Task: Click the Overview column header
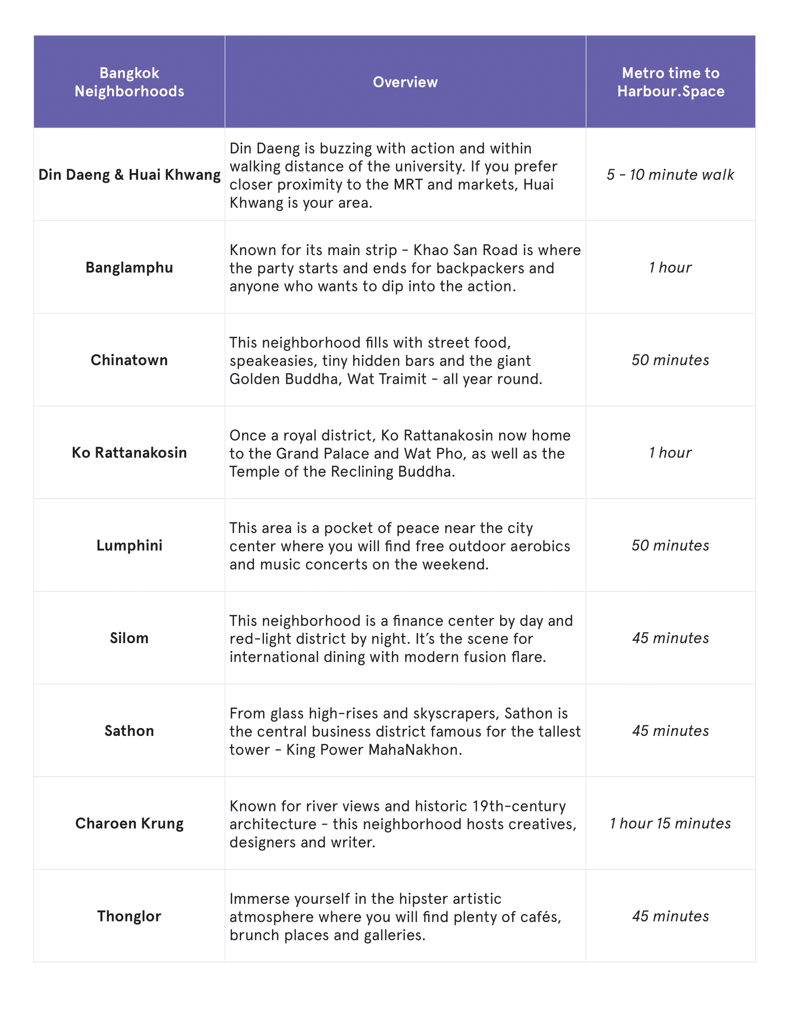pos(405,82)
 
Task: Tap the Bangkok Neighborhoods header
pos(129,82)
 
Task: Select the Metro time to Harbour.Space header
pos(670,82)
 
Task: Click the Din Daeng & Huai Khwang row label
pos(129,175)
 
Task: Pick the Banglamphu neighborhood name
pos(129,268)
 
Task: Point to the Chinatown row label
pos(129,360)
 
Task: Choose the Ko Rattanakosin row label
pos(129,453)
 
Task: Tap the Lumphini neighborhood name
pos(129,546)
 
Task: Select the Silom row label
pos(129,638)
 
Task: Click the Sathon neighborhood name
pos(129,731)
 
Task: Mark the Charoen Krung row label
pos(129,824)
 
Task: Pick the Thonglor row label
pos(129,916)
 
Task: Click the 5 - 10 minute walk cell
pos(670,175)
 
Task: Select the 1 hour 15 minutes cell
pos(670,824)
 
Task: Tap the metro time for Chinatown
pos(670,360)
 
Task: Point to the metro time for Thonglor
pos(670,916)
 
